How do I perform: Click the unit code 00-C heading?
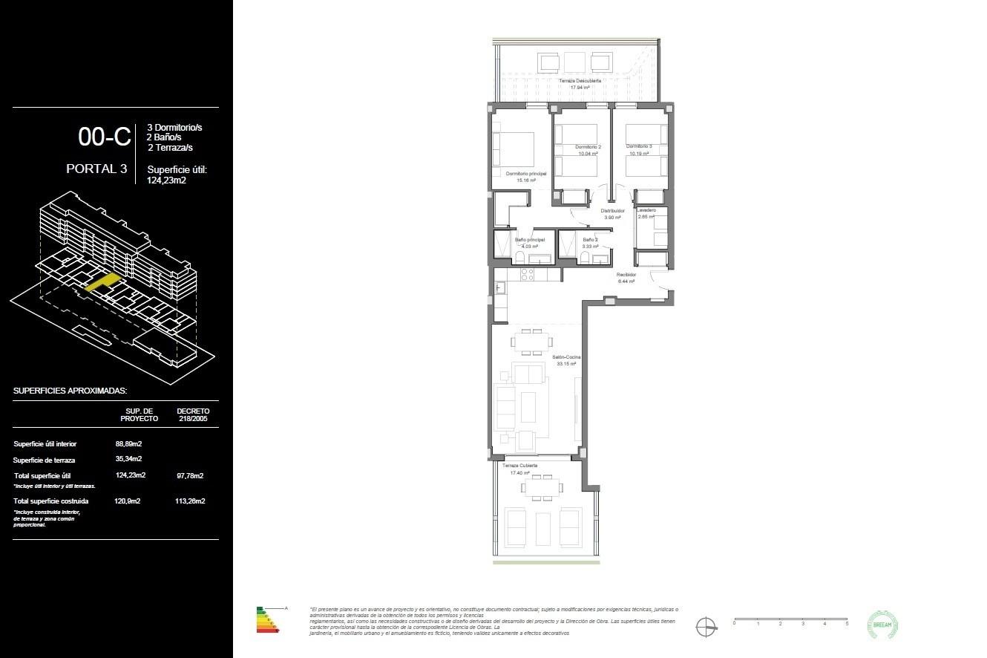(x=105, y=137)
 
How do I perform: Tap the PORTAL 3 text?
(x=96, y=169)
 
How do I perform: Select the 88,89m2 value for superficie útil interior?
(x=128, y=444)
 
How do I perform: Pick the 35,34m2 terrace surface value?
(x=128, y=460)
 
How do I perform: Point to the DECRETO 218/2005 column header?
(x=193, y=414)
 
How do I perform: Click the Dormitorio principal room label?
(x=526, y=174)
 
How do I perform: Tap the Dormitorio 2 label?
(x=588, y=147)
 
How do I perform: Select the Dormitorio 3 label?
(x=638, y=146)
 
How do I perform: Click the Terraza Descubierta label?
(x=580, y=80)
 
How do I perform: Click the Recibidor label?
(x=626, y=275)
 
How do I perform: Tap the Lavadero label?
(x=646, y=210)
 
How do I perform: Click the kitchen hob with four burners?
(x=528, y=274)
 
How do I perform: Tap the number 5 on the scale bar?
(x=847, y=624)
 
